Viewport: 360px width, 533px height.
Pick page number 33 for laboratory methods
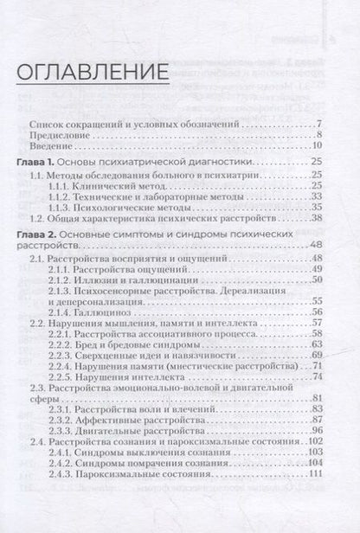pos(317,196)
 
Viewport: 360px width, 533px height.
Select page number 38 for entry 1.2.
pos(317,220)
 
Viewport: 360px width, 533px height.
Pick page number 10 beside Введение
pos(317,148)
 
